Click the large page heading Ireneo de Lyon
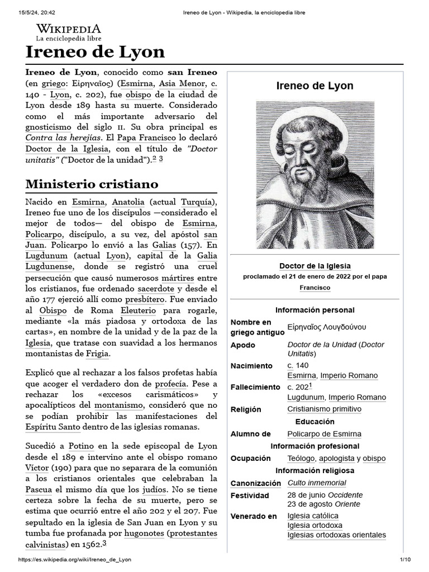[x=96, y=53]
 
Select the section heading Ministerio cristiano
[x=92, y=184]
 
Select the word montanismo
[x=119, y=404]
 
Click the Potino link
[x=81, y=446]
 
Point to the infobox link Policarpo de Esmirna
[x=324, y=434]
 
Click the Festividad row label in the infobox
[x=250, y=495]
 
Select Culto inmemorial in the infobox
[x=316, y=483]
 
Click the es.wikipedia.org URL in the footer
[x=75, y=560]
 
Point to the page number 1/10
[x=405, y=560]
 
